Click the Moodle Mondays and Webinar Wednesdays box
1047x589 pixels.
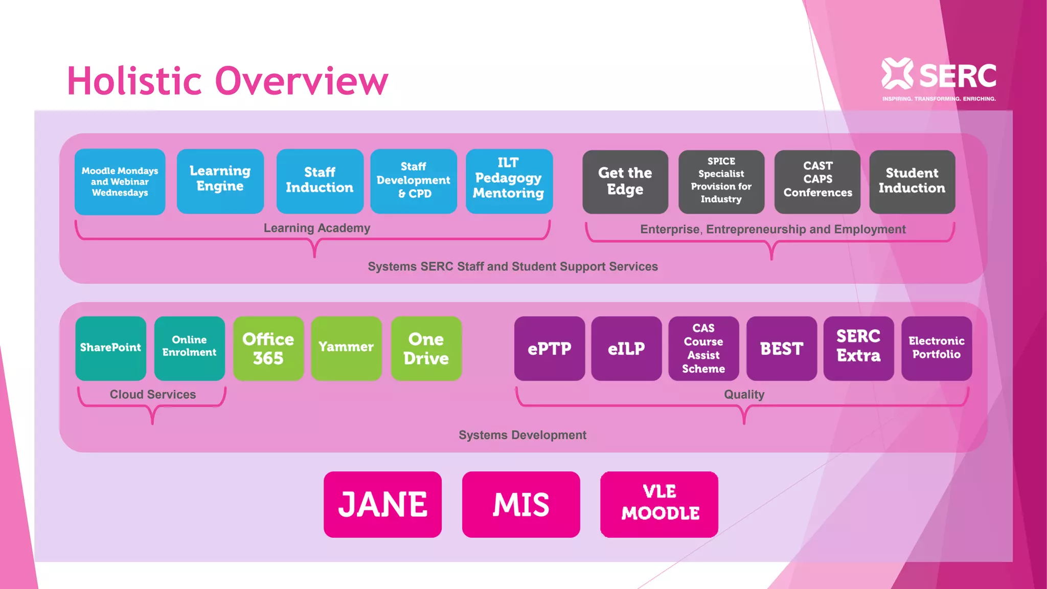coord(120,182)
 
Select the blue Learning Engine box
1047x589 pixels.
coord(220,181)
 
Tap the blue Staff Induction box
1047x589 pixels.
coord(320,181)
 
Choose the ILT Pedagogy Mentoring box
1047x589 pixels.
coord(509,181)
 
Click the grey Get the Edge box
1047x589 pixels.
coord(625,182)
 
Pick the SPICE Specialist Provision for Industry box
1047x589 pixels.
coord(721,182)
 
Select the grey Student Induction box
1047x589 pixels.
coord(912,182)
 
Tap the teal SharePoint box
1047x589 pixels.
coord(110,348)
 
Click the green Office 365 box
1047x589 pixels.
coord(268,348)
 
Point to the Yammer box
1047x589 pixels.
coord(346,348)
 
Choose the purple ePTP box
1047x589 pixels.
coord(549,348)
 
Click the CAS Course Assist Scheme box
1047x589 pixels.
coord(703,348)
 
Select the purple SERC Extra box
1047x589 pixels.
coord(858,348)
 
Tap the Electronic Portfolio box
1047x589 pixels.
coord(936,348)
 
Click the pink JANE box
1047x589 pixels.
coord(382,504)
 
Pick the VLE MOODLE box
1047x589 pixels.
coord(659,504)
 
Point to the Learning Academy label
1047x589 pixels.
coord(317,228)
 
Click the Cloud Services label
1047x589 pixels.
coord(152,394)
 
